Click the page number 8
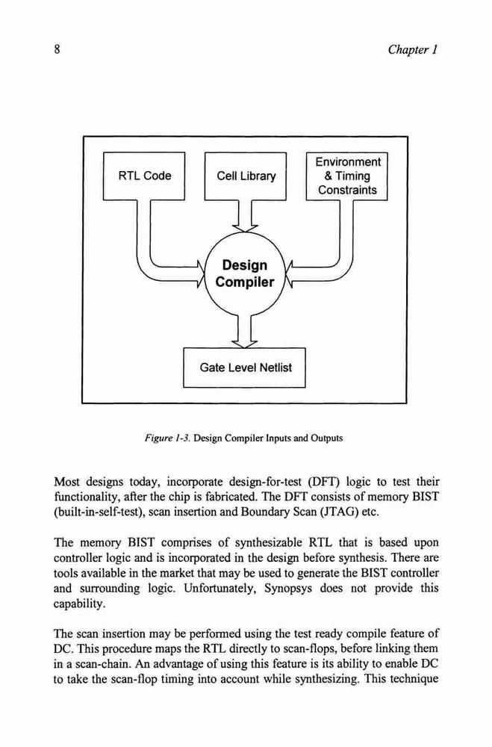click(x=57, y=49)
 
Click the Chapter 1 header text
click(x=412, y=49)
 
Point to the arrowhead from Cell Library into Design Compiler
click(x=245, y=228)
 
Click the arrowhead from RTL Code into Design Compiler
click(x=201, y=275)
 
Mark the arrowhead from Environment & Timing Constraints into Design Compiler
click(x=289, y=275)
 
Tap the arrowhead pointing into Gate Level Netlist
click(x=244, y=344)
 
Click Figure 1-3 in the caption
click(x=168, y=438)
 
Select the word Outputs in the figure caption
click(x=326, y=438)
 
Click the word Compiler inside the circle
click(x=245, y=282)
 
